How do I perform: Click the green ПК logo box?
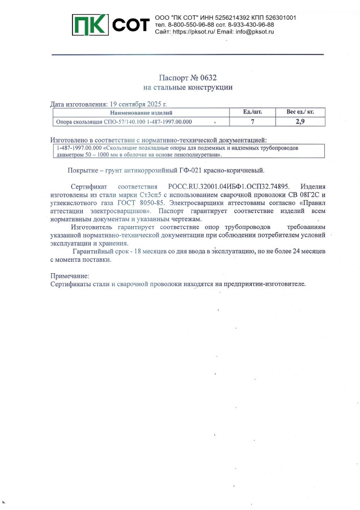click(90, 25)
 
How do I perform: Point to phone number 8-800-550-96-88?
click(190, 25)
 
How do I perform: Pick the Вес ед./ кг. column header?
click(300, 112)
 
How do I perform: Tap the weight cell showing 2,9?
click(300, 121)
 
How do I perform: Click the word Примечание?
click(70, 276)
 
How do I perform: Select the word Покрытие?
click(83, 170)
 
